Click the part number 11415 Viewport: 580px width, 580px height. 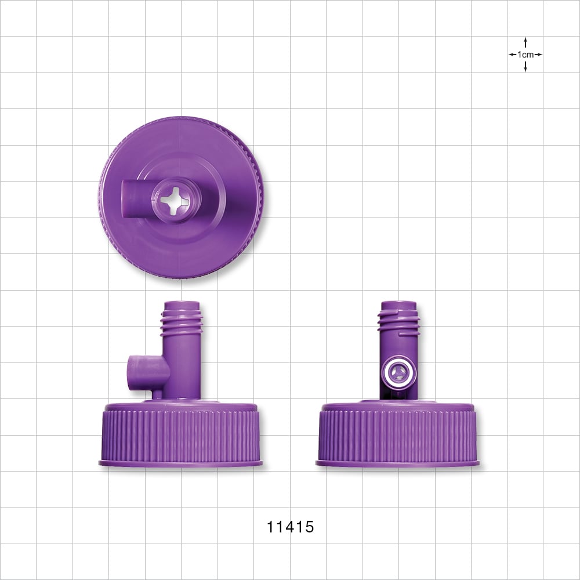point(290,527)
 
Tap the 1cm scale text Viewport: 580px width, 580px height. point(525,55)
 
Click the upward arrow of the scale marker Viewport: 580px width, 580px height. point(525,42)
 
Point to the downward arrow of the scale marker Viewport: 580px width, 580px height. point(525,67)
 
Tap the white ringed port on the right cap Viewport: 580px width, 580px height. point(398,372)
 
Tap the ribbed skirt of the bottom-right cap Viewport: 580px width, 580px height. point(398,435)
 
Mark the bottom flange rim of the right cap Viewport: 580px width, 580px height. point(398,463)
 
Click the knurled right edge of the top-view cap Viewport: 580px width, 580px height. point(259,197)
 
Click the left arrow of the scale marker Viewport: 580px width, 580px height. point(512,55)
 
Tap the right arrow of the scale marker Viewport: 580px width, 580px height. point(539,55)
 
